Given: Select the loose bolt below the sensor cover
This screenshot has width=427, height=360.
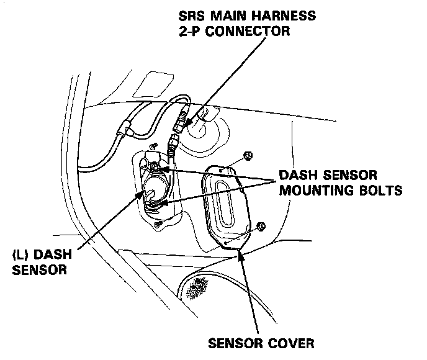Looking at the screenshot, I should point(260,226).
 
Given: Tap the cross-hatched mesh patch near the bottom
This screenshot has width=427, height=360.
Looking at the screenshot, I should point(200,286).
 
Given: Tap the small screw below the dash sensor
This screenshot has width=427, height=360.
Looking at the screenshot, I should point(159,223).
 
